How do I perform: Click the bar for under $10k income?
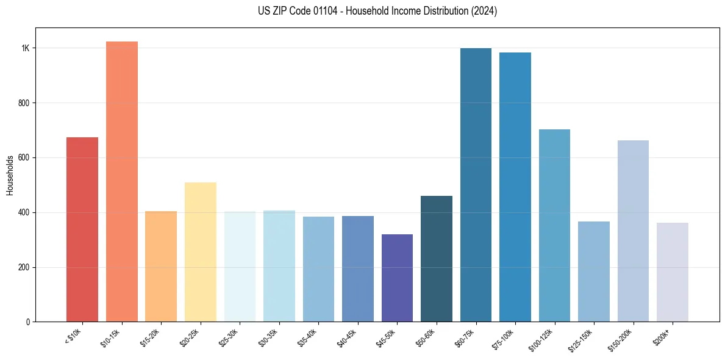(x=82, y=229)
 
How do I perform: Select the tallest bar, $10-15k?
(x=121, y=182)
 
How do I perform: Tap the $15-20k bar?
(x=161, y=267)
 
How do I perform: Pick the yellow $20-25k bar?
(x=200, y=252)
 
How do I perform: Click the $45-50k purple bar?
(x=397, y=278)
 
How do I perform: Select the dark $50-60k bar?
(x=437, y=259)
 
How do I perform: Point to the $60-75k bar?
(x=476, y=185)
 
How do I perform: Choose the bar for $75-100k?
(x=515, y=187)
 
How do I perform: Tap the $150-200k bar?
(x=633, y=231)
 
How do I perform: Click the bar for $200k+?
(x=673, y=272)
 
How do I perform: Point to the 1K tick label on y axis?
(x=25, y=48)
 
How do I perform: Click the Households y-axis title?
(x=10, y=175)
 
